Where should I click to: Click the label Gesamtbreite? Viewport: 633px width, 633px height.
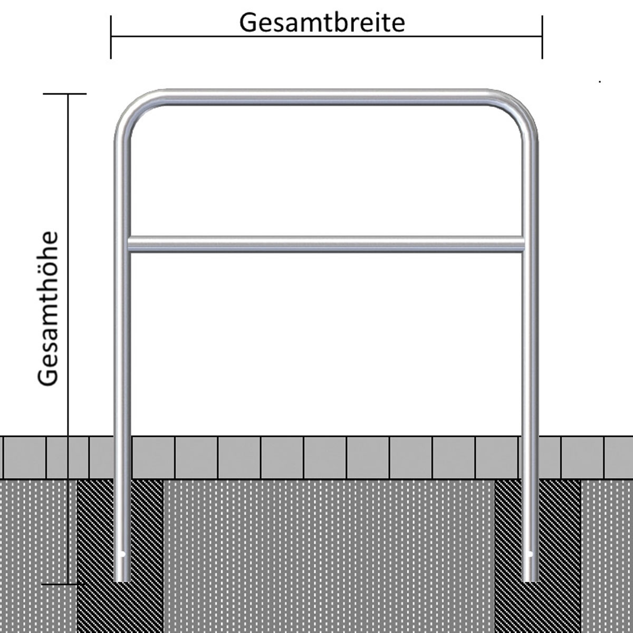tap(322, 24)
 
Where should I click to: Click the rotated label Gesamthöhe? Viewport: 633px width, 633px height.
tap(48, 309)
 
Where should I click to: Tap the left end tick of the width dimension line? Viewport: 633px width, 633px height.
tap(111, 37)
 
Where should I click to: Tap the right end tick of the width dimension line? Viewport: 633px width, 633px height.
tap(542, 37)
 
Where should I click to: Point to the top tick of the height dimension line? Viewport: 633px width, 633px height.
tap(65, 94)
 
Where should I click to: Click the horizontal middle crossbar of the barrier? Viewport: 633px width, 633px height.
tap(326, 244)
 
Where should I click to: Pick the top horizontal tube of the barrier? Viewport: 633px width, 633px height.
tap(326, 97)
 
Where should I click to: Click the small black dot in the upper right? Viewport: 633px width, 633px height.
tap(600, 81)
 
